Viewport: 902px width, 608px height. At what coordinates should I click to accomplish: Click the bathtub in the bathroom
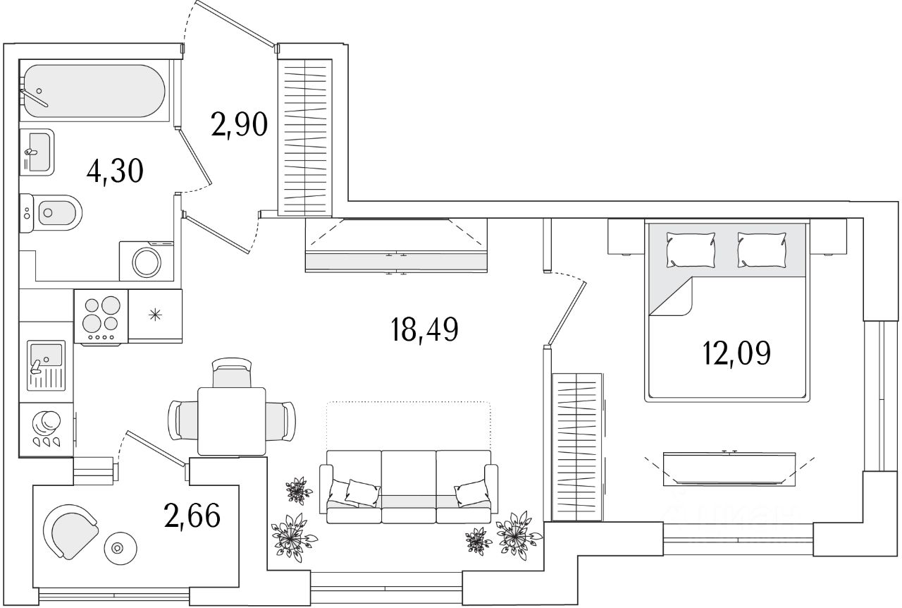(93, 92)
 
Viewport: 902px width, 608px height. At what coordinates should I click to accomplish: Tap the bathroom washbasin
(37, 151)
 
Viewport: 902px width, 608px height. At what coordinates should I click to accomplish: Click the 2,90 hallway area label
(240, 126)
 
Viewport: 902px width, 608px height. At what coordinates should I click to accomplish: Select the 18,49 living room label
(424, 329)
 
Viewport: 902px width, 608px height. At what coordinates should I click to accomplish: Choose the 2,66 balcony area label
(192, 516)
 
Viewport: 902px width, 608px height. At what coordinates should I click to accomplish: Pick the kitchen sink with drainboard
(46, 365)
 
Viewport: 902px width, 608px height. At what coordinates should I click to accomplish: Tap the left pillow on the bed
(691, 250)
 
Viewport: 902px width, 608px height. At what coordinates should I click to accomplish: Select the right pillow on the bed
(761, 250)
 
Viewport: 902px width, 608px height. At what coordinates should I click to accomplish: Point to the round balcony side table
(118, 548)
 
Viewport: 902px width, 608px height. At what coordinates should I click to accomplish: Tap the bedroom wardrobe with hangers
(576, 446)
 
